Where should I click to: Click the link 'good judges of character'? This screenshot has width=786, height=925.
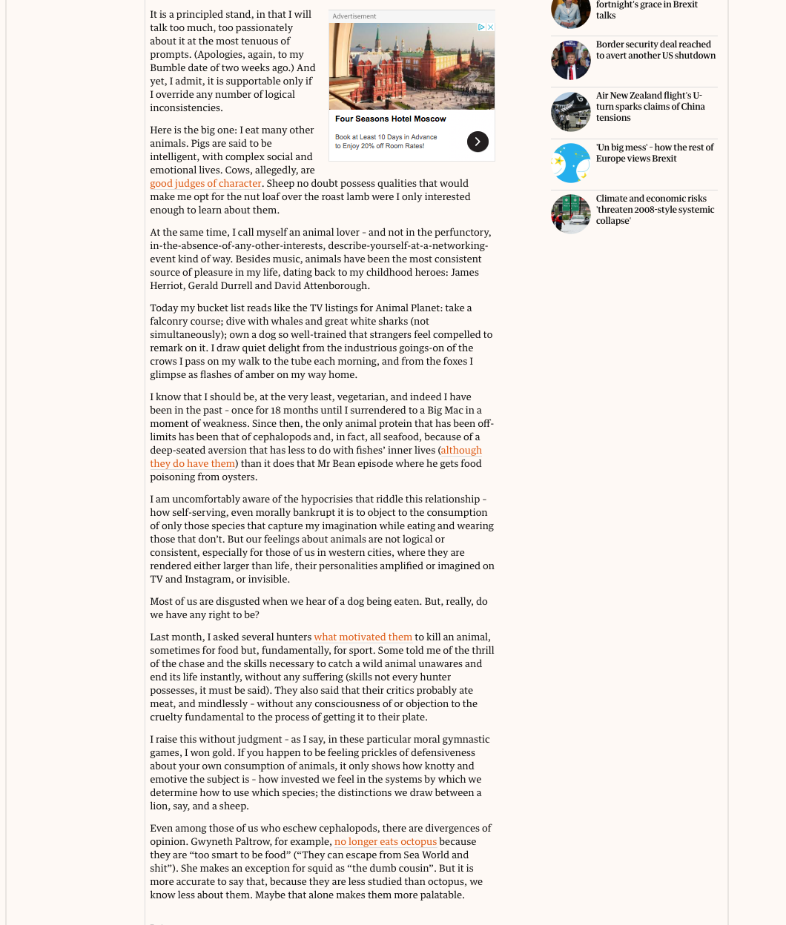click(x=205, y=184)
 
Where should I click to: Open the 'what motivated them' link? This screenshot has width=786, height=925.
click(x=363, y=637)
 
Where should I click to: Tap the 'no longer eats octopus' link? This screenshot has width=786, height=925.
click(x=386, y=842)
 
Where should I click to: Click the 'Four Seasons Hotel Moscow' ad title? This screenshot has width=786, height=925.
click(x=390, y=119)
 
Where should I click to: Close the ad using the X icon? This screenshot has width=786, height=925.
click(x=490, y=27)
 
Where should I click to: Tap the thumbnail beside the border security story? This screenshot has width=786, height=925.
click(x=571, y=60)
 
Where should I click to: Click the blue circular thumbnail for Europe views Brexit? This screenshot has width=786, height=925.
click(x=571, y=163)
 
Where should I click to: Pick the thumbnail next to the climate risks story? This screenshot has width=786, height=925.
click(x=571, y=214)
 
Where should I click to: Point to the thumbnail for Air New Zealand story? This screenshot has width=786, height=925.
click(x=571, y=112)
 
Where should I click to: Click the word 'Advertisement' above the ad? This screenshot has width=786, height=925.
click(x=354, y=16)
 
